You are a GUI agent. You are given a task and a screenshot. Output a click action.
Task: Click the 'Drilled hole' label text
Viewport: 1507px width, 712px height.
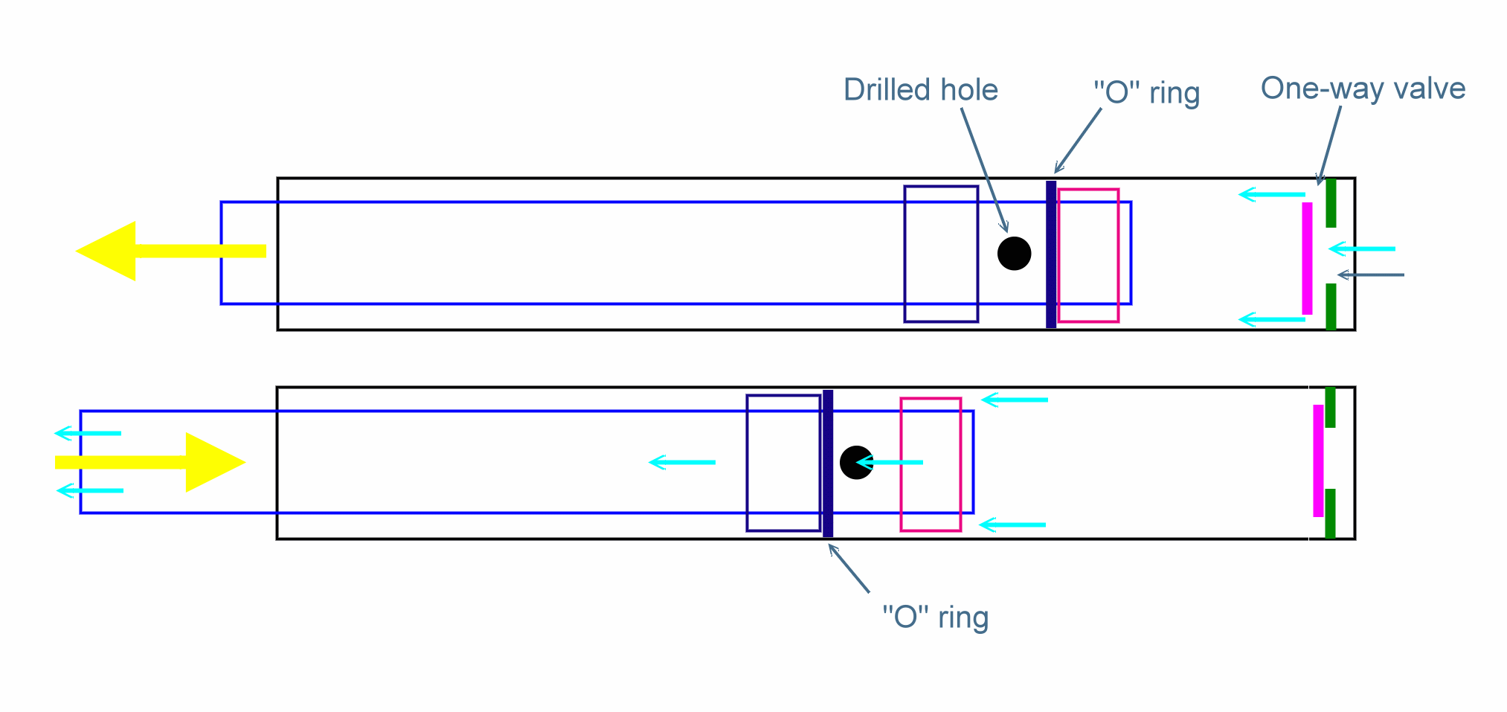[x=920, y=90]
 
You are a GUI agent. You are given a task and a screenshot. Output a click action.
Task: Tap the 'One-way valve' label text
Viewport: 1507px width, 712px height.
[x=1363, y=89]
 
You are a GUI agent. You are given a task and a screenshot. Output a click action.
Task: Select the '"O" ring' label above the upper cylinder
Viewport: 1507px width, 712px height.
[x=1146, y=93]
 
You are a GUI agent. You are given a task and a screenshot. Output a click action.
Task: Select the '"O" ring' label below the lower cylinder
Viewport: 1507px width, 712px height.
[x=935, y=618]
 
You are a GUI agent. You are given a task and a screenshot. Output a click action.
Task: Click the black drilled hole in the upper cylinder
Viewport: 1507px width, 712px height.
[x=1014, y=254]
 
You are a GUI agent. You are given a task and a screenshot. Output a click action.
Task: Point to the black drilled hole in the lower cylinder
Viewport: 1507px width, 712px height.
[x=855, y=463]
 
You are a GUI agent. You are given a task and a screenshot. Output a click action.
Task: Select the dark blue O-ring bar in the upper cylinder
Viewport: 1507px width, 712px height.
[x=1051, y=254]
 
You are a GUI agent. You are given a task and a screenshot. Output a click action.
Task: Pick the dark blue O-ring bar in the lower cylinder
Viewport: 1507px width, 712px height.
[x=828, y=463]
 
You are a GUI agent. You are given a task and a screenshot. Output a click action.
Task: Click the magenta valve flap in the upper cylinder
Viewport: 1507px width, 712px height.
[x=1307, y=258]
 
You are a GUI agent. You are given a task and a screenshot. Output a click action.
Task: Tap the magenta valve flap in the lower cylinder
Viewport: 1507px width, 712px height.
[x=1318, y=461]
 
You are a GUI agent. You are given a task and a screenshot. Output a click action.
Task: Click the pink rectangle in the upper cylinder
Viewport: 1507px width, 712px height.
[x=1088, y=255]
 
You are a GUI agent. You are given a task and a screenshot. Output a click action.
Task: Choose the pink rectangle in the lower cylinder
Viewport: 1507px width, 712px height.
[x=931, y=465]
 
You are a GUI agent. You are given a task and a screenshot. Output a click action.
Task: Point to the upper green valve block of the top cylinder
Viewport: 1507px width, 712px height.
[x=1331, y=203]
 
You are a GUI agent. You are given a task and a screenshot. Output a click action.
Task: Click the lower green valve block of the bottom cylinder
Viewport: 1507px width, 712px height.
[x=1330, y=513]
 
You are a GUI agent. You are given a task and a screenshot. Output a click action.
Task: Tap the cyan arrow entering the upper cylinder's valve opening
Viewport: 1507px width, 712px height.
[x=1362, y=248]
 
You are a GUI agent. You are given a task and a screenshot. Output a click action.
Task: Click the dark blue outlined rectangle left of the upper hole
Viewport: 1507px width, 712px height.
[x=941, y=254]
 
